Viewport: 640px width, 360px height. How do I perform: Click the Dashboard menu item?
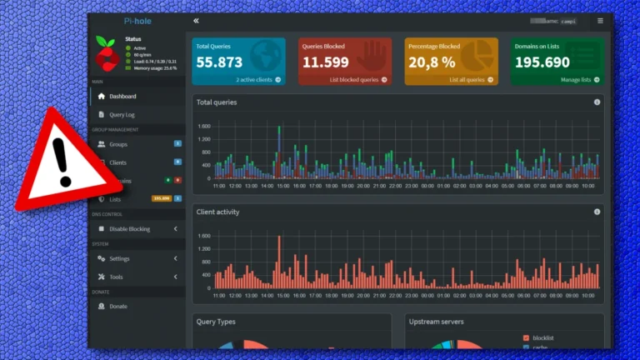[122, 96]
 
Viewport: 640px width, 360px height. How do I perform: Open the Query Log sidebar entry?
[122, 114]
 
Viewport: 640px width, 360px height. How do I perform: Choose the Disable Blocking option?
[129, 228]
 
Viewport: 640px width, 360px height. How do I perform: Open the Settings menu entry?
[119, 258]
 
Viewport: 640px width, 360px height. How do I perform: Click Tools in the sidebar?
[116, 277]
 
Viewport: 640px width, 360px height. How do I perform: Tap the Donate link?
[118, 306]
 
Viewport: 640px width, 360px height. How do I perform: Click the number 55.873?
[219, 62]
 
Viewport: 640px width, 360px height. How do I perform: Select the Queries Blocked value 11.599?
[325, 62]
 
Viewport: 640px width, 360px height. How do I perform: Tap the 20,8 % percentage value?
[432, 62]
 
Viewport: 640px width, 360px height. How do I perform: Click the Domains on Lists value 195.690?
[542, 62]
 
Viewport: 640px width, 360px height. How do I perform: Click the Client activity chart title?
[217, 212]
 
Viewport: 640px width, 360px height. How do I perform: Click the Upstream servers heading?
[437, 321]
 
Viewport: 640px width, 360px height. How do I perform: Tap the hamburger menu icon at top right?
[600, 21]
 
